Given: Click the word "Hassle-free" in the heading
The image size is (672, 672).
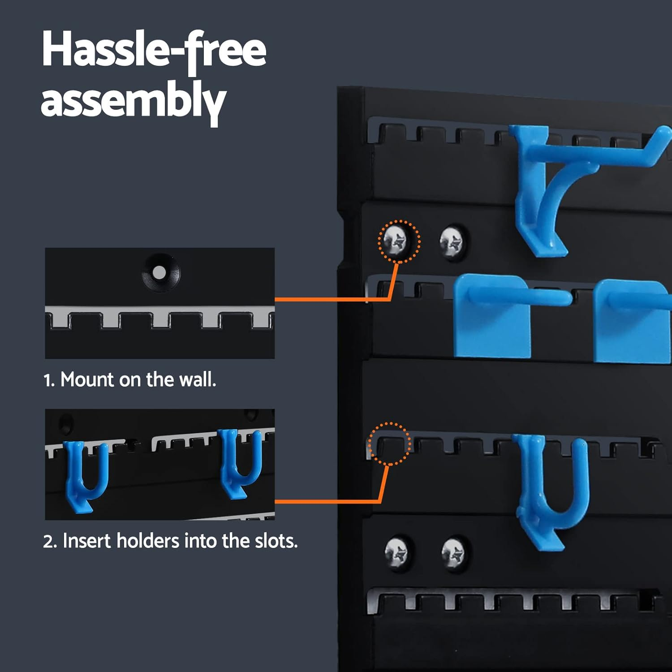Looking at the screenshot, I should tap(154, 50).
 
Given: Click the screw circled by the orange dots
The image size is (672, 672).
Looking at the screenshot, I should tap(398, 241).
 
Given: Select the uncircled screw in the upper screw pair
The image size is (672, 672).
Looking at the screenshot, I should tap(452, 241).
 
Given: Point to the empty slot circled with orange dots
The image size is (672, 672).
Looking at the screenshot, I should tap(388, 444).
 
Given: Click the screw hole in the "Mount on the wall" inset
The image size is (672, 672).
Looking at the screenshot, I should tap(160, 272).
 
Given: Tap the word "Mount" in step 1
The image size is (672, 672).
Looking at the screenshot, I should tap(87, 380).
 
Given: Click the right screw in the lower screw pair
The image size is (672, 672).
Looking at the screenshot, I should tap(455, 553).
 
